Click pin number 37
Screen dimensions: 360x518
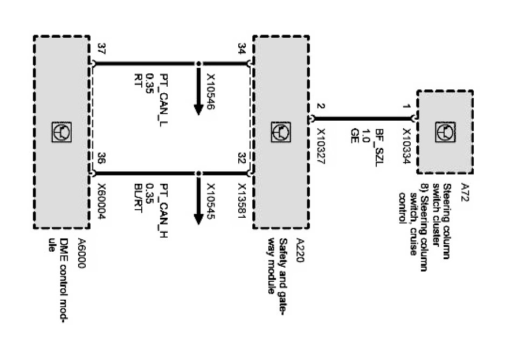pos(101,50)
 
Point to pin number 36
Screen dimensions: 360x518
pos(101,158)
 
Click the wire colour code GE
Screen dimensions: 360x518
pos(354,133)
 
